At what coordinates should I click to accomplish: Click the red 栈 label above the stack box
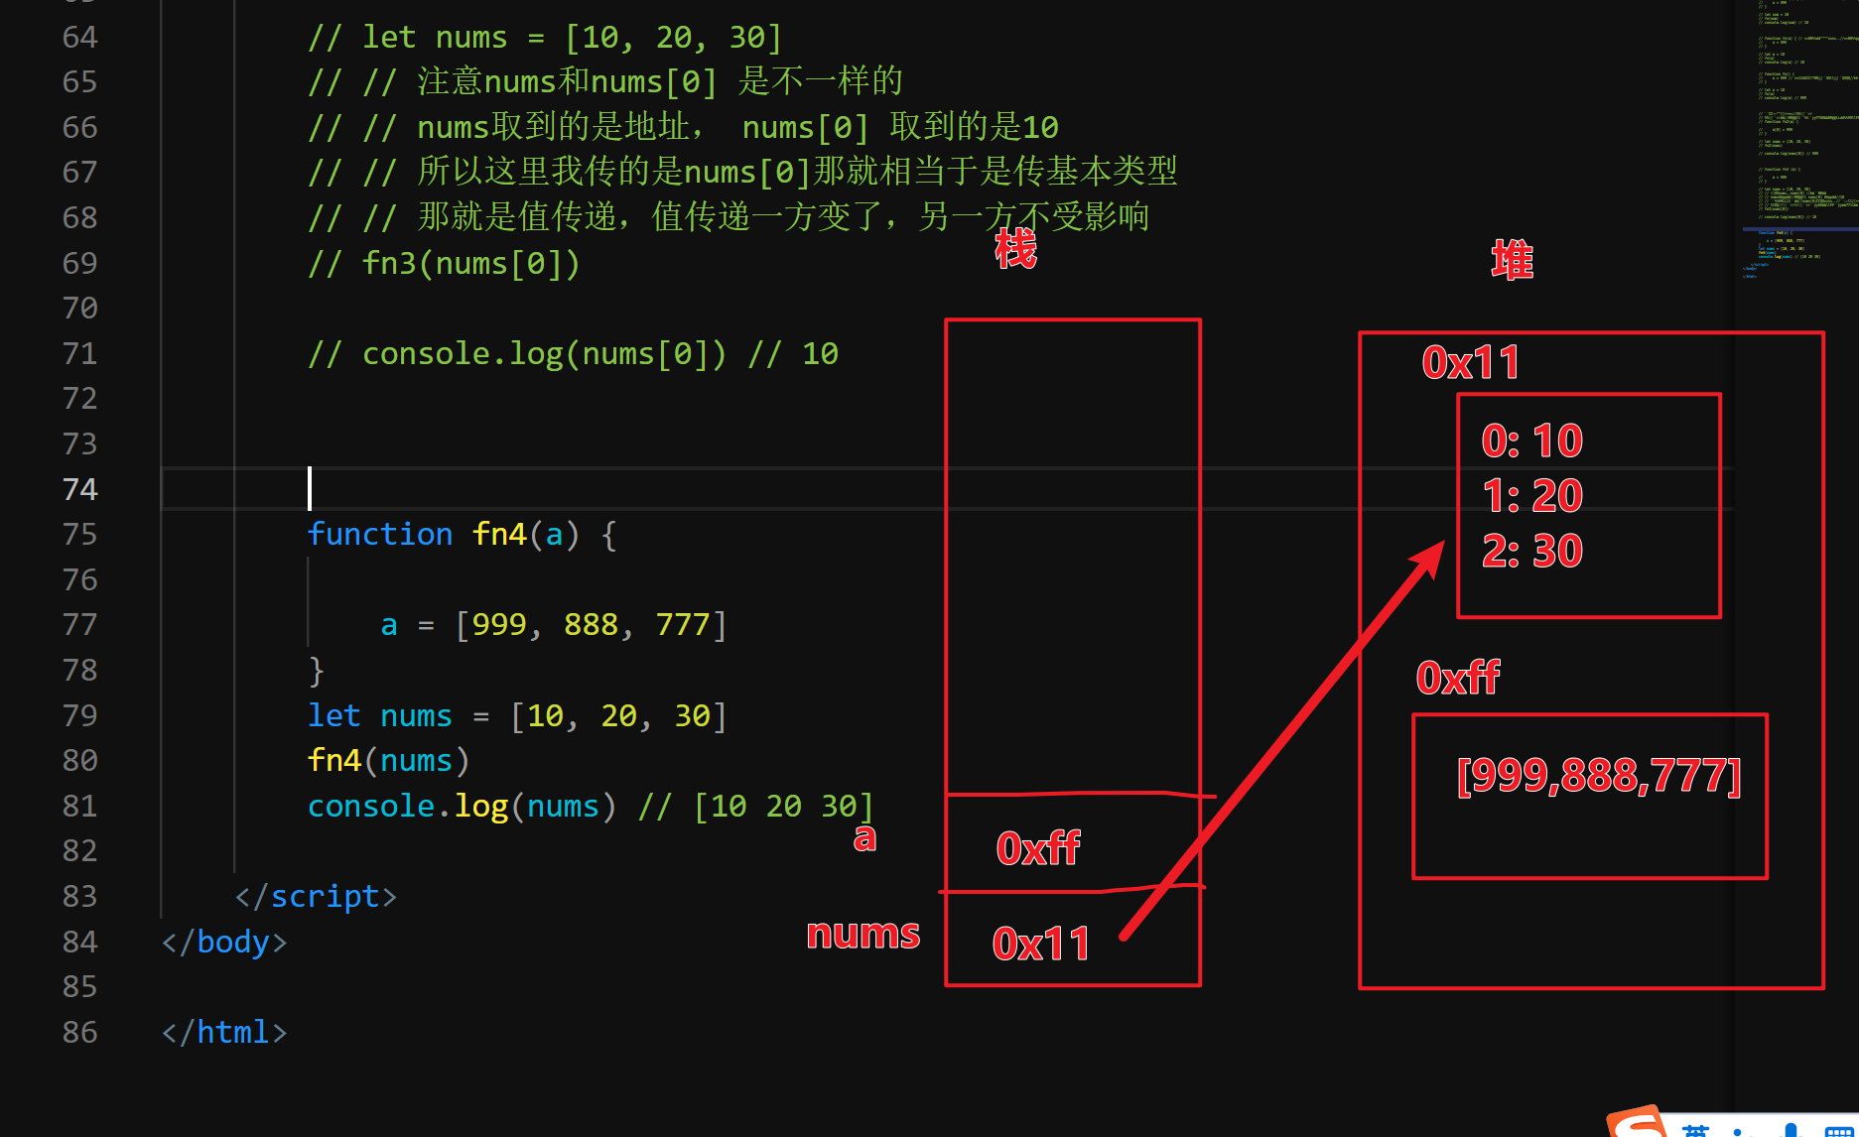click(x=1015, y=248)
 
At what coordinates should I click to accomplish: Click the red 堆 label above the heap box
click(x=1512, y=261)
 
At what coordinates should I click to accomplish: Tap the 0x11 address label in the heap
click(x=1471, y=363)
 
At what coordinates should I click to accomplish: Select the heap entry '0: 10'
click(x=1531, y=441)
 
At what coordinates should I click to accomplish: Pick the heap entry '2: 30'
click(x=1531, y=551)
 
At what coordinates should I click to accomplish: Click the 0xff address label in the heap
click(x=1458, y=678)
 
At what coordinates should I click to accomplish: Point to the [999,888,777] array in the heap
click(x=1598, y=775)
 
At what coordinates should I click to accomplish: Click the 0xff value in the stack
click(x=1038, y=848)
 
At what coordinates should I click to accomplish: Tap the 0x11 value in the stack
click(x=1041, y=944)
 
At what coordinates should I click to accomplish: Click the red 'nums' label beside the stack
click(x=863, y=934)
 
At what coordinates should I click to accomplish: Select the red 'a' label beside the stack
click(x=864, y=837)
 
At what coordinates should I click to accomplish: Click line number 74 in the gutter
click(x=79, y=489)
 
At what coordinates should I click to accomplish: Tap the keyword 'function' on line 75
click(x=379, y=534)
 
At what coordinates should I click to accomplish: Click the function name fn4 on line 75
click(x=499, y=534)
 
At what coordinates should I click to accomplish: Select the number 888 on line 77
click(x=591, y=624)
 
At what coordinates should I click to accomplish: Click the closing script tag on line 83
click(x=316, y=896)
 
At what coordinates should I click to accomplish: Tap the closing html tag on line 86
click(x=224, y=1032)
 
